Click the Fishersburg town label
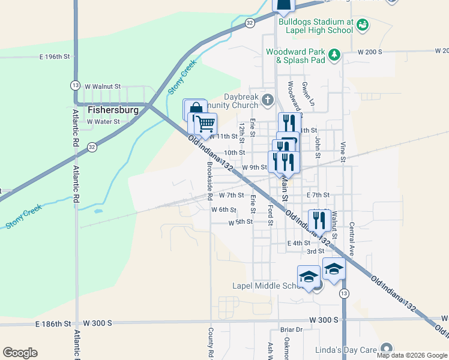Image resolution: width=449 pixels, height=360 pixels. (x=113, y=110)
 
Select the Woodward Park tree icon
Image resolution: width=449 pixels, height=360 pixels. (x=334, y=55)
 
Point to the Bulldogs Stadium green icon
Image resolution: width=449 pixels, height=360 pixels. (x=362, y=25)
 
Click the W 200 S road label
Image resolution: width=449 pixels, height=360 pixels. (x=370, y=52)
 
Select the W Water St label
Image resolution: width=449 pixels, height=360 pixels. (x=103, y=121)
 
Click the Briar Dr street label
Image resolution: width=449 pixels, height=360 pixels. (x=291, y=329)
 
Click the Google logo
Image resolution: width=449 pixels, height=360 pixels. (x=20, y=353)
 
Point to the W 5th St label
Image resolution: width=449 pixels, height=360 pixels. (x=240, y=222)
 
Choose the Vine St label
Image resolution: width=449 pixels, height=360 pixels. (x=343, y=152)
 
